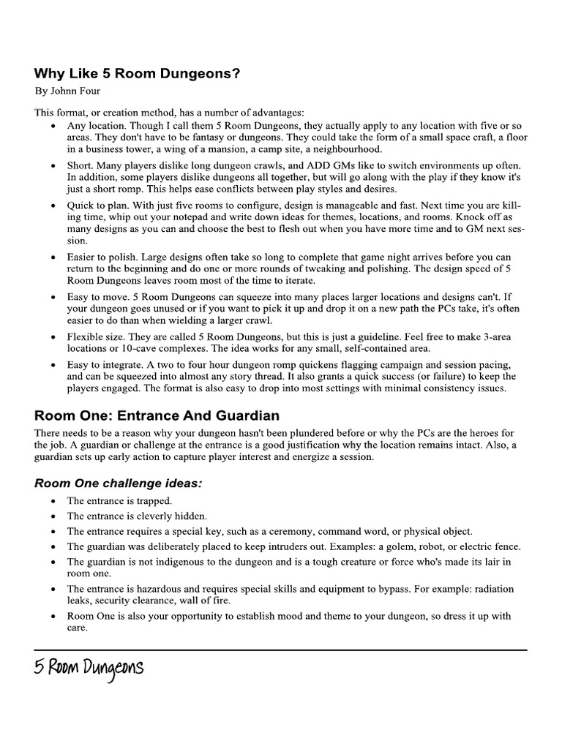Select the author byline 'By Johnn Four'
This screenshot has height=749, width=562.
coord(68,92)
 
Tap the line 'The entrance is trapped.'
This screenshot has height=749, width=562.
coord(119,501)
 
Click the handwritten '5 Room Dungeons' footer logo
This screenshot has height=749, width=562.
coord(89,668)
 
